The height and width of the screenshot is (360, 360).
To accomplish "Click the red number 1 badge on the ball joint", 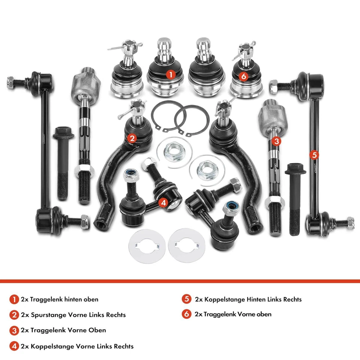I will (171, 75).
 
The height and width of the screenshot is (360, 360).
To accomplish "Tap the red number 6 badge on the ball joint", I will (244, 76).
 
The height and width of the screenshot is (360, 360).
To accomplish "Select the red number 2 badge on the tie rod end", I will (131, 138).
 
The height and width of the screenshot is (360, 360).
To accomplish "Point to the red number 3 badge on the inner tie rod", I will (276, 141).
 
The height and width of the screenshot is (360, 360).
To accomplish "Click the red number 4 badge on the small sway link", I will (162, 202).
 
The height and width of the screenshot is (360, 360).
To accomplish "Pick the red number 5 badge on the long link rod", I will (314, 154).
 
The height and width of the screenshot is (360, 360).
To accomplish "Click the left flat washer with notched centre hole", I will (147, 246).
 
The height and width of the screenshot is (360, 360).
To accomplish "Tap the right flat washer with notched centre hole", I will (186, 246).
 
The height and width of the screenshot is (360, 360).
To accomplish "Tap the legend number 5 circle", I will (187, 299).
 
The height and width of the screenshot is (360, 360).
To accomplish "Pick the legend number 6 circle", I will (187, 314).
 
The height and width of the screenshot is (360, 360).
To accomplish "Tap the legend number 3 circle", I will (14, 330).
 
